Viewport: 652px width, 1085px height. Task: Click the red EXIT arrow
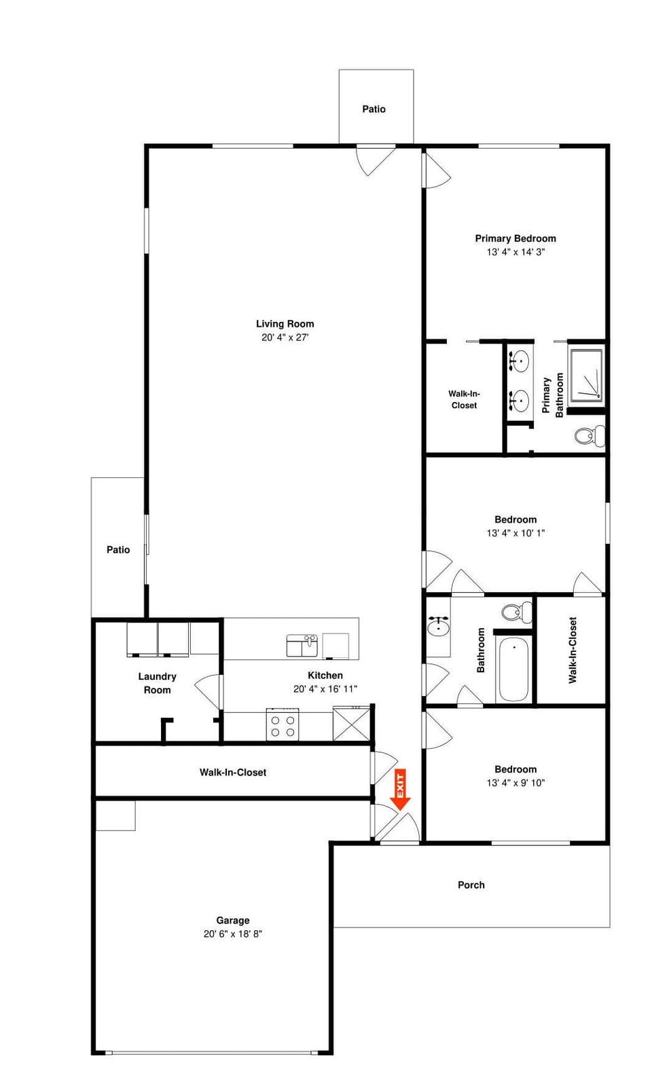(400, 789)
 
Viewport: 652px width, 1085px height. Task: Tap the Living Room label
(285, 324)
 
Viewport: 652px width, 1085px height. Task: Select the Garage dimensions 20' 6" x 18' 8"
(232, 934)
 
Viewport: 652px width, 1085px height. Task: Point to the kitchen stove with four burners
(283, 724)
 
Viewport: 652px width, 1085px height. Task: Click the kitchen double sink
(302, 645)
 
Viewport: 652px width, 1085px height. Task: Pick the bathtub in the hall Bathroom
(513, 669)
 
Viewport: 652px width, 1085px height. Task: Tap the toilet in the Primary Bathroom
(590, 435)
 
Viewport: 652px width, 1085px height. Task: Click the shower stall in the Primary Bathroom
(586, 375)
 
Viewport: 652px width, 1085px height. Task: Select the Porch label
(471, 885)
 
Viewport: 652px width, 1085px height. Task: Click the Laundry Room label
(157, 683)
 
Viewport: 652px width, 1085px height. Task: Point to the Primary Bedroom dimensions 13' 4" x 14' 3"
(515, 251)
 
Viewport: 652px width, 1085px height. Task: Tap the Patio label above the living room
(374, 109)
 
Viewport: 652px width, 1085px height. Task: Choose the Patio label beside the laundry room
(118, 549)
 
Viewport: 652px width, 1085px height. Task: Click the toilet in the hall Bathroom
(516, 612)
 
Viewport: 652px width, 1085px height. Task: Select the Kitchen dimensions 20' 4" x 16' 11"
(325, 688)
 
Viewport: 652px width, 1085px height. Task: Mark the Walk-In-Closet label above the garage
(232, 772)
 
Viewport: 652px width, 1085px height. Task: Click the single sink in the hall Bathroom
(438, 626)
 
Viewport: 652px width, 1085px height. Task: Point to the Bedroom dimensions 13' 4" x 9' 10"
(515, 782)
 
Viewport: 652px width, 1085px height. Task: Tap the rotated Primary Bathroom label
(552, 395)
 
